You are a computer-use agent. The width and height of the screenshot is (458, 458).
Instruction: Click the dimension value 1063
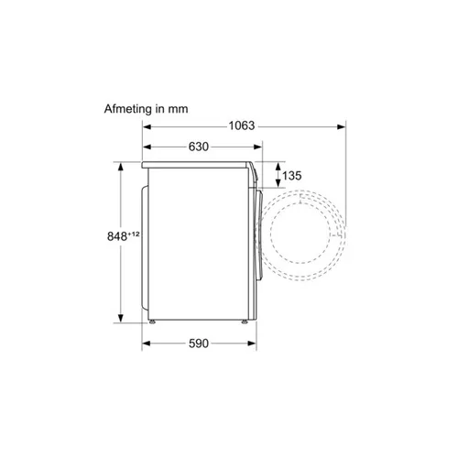242,125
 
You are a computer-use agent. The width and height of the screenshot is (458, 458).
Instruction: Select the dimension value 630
199,147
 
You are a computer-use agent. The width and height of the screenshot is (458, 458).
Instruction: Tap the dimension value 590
199,343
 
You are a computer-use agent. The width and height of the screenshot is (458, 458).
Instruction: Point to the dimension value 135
292,176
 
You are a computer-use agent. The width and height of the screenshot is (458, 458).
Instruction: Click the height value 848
117,236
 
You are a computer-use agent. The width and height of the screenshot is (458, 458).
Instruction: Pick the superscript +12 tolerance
134,234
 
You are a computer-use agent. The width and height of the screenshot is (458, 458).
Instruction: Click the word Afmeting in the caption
127,109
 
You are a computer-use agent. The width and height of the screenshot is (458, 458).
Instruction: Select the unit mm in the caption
178,110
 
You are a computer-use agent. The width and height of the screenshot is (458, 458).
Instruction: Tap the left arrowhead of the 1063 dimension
147,126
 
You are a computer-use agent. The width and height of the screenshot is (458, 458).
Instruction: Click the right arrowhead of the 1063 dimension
342,126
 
